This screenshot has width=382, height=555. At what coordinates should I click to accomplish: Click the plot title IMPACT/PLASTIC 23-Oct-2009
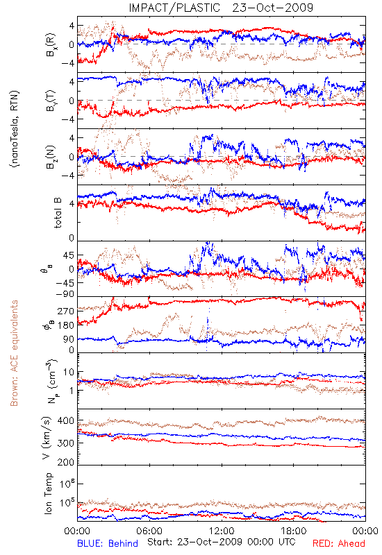[x=221, y=8]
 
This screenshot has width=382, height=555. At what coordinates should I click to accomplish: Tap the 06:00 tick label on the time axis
[x=149, y=531]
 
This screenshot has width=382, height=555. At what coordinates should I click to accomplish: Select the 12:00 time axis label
[x=222, y=531]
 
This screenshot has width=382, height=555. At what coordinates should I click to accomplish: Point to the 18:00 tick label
[x=294, y=531]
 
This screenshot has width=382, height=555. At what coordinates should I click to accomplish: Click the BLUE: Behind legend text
[x=108, y=543]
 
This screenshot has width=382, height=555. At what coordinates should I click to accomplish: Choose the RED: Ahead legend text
[x=339, y=543]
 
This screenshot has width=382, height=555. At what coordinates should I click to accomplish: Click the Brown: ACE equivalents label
[x=14, y=353]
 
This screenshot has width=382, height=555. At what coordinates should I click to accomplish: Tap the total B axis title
[x=57, y=212]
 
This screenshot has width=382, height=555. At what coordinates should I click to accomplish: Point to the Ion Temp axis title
[x=48, y=493]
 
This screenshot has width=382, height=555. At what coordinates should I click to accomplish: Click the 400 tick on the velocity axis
[x=66, y=421]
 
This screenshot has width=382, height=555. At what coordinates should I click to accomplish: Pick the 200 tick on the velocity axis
[x=66, y=462]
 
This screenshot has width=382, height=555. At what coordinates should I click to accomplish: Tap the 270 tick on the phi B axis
[x=66, y=311]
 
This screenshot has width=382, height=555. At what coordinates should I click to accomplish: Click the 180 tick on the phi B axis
[x=66, y=325]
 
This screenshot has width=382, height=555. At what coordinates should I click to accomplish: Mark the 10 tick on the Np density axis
[x=69, y=373]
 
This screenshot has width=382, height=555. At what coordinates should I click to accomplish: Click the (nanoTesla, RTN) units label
[x=15, y=129]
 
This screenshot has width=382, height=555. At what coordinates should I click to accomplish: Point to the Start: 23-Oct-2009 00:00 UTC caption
[x=222, y=542]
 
